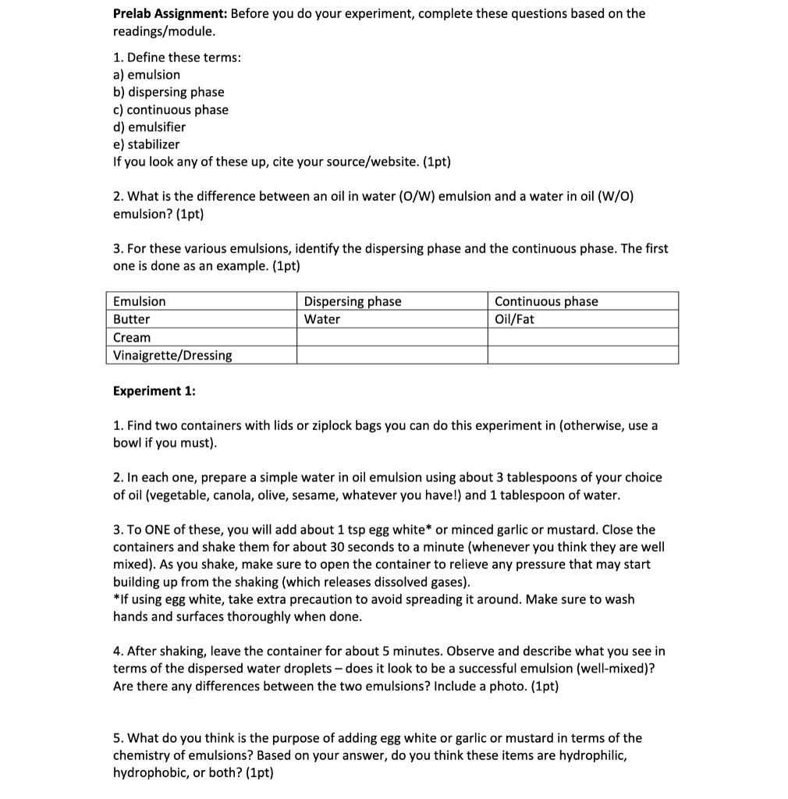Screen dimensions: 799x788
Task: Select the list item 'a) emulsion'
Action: [147, 75]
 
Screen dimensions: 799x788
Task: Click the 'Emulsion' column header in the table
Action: [140, 302]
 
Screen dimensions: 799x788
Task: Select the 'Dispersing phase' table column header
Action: [353, 302]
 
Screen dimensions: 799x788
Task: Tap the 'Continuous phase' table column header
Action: [546, 302]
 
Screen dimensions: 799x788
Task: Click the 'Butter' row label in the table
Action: [132, 320]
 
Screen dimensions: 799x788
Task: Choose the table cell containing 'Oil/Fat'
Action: [515, 320]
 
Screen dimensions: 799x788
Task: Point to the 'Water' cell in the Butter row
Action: [322, 320]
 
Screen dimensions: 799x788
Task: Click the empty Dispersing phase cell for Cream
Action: [392, 338]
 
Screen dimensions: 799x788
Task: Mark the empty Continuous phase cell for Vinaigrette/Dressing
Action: [583, 356]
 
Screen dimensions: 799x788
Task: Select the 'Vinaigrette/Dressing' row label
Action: [172, 356]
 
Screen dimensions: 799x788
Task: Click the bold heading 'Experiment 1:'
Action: [154, 391]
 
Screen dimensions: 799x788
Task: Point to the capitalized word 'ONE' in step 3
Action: [146, 530]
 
